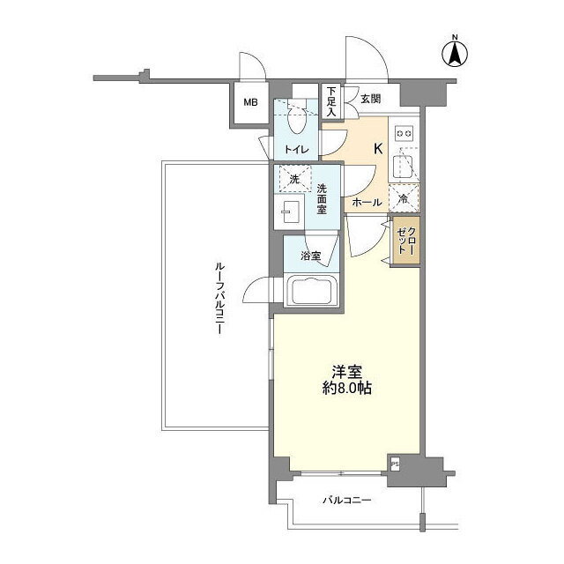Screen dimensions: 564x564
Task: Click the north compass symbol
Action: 455,55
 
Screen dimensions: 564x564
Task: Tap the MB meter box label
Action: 250,102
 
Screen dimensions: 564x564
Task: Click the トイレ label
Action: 296,149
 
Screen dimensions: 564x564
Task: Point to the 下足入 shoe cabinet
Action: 331,100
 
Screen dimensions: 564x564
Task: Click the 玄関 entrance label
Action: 370,99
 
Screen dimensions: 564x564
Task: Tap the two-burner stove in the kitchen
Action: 404,133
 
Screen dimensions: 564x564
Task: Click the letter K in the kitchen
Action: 378,149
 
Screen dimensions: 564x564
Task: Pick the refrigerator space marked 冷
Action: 404,197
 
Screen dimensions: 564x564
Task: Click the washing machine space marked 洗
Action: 294,178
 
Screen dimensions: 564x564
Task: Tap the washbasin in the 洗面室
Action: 290,211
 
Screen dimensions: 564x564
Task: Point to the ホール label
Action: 367,203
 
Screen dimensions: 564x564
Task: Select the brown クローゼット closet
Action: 406,241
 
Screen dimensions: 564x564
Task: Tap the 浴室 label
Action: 311,256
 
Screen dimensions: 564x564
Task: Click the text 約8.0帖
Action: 346,388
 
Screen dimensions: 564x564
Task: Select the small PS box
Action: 395,464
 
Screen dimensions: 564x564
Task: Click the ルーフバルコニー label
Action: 219,299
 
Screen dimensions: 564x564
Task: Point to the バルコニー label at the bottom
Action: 346,500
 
